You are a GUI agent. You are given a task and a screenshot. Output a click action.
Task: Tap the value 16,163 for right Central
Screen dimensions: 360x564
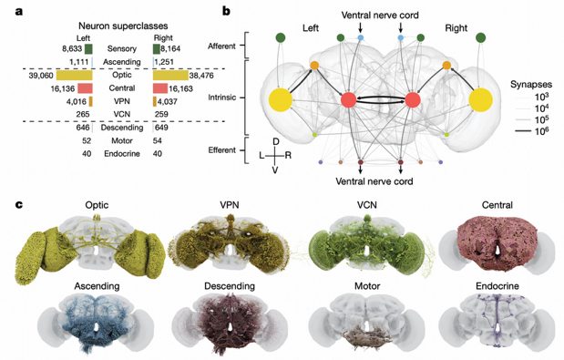coord(182,88)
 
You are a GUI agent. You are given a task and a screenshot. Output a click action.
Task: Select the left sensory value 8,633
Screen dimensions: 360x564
coord(72,47)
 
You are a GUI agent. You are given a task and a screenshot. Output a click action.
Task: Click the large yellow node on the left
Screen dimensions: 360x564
coord(279,100)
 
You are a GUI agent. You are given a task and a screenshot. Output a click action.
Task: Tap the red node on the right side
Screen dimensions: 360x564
coord(412,100)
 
